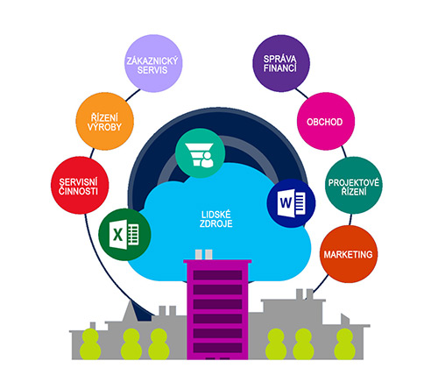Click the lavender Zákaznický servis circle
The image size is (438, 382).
[153, 63]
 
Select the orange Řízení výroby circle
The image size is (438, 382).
[105, 122]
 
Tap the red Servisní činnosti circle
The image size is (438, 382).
[80, 185]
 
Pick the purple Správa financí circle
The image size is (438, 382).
[281, 63]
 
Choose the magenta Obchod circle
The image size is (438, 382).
[326, 122]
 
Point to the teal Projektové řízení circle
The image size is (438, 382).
[354, 185]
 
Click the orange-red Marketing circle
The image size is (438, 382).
[349, 254]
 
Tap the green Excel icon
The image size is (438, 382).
[124, 235]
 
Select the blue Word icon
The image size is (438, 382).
[291, 203]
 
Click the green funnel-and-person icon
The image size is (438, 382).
[201, 153]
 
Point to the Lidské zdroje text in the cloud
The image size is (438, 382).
[216, 219]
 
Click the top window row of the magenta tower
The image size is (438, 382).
[217, 275]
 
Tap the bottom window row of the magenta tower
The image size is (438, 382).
[217, 348]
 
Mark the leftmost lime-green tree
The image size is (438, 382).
[90, 344]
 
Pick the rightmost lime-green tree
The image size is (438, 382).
[345, 344]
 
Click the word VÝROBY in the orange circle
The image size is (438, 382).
[104, 127]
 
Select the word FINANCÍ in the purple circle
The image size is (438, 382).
[280, 68]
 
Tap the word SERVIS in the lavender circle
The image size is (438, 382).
[152, 70]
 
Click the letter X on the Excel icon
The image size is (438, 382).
[117, 235]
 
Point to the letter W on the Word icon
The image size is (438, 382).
[286, 202]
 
